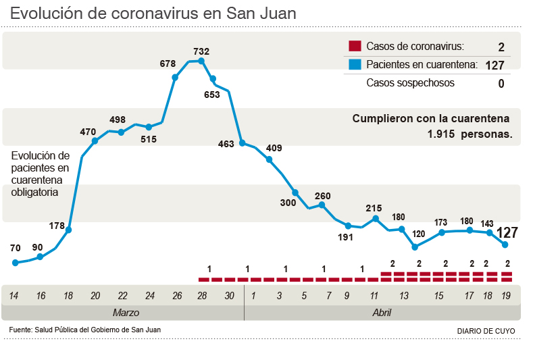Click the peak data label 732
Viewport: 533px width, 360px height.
201,51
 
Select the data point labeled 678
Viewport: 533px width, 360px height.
176,77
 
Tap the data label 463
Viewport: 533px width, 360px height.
226,144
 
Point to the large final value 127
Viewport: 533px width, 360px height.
507,233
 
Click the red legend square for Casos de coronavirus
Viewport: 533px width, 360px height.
354,47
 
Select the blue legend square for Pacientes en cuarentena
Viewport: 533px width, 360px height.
354,65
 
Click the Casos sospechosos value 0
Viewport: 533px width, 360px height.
501,84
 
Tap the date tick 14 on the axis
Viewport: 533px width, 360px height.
14,296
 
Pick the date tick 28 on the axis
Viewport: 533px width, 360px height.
202,296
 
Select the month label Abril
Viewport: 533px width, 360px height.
382,313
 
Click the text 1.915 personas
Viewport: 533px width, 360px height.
469,134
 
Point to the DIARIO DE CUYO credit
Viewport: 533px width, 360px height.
486,331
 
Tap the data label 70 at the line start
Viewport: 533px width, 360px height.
15,248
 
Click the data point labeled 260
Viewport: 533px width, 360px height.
322,205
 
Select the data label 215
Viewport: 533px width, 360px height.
374,208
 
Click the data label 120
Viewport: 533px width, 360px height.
418,234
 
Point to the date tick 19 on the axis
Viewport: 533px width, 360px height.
505,296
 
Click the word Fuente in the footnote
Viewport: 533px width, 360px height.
21,330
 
